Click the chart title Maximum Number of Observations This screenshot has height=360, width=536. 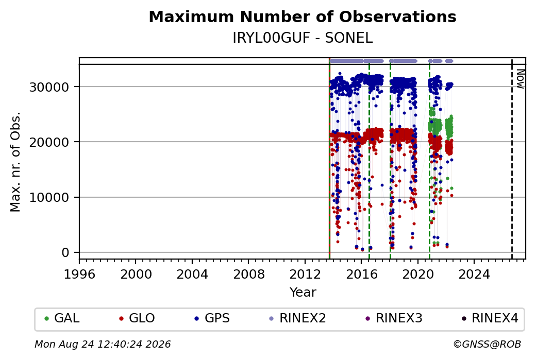click(303, 16)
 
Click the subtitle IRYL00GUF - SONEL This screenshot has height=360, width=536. click(303, 38)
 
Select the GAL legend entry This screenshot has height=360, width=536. click(62, 318)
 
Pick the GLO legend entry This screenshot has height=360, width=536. click(137, 318)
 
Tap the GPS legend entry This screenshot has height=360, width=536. click(212, 318)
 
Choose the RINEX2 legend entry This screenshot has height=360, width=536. click(298, 318)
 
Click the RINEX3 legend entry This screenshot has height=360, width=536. click(394, 318)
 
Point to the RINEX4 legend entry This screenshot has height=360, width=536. click(490, 318)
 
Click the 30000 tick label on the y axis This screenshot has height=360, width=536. click(49, 87)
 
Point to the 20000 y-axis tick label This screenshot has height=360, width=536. click(49, 142)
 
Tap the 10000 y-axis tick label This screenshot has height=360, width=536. click(49, 197)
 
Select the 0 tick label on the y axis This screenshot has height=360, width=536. click(65, 253)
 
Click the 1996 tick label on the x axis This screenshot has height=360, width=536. click(79, 275)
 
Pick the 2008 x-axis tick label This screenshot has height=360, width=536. click(248, 275)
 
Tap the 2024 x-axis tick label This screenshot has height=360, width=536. click(474, 275)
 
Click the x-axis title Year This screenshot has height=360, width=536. click(303, 293)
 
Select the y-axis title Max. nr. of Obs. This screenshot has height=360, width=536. click(15, 162)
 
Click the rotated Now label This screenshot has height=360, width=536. click(520, 79)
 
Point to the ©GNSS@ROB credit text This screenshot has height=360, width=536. click(487, 344)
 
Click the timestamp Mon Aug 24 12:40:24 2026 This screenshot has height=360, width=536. click(103, 344)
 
